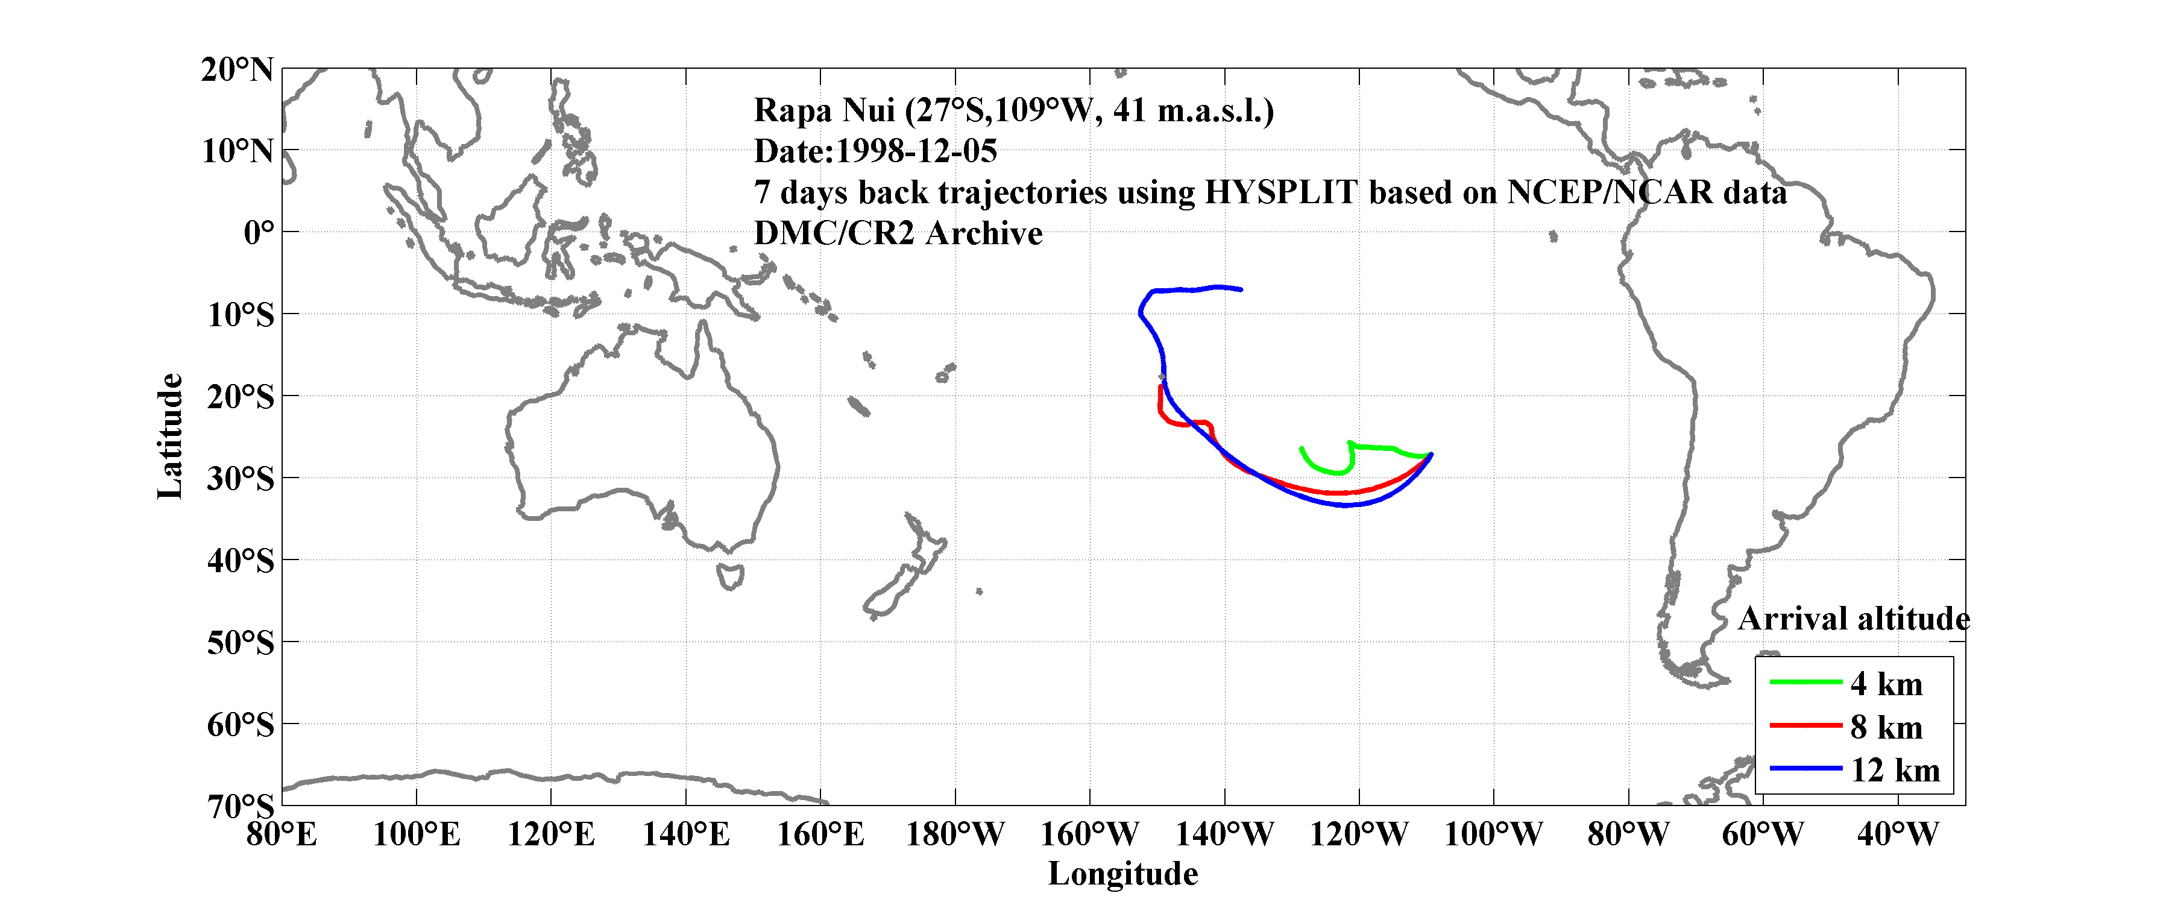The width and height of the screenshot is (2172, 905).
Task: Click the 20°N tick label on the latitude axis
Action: tap(237, 70)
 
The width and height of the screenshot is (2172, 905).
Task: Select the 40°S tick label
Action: tap(241, 560)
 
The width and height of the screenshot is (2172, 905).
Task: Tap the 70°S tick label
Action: tap(241, 806)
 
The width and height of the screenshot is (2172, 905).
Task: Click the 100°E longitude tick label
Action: tap(416, 835)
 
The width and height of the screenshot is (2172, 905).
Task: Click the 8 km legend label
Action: tap(1886, 727)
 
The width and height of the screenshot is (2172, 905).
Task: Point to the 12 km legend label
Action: tap(1895, 770)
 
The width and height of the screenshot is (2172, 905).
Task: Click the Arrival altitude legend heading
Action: tap(1853, 619)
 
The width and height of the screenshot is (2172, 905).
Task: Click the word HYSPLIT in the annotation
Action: tap(1280, 192)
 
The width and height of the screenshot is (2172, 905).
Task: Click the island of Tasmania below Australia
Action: tap(730, 577)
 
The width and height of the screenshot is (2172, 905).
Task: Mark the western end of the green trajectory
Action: tap(1302, 449)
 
